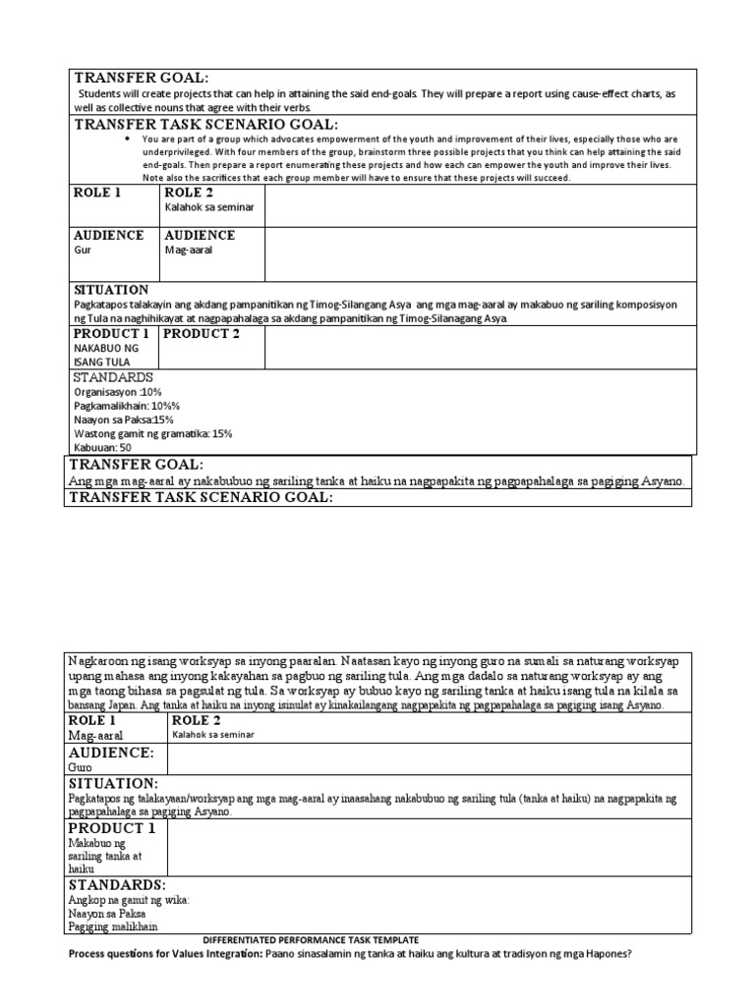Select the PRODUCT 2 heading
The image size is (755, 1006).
(202, 334)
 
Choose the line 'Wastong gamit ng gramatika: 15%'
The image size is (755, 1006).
(152, 432)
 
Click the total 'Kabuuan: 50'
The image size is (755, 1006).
(103, 447)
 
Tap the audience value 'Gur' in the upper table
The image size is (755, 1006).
(83, 251)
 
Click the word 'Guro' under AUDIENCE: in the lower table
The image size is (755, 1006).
(81, 765)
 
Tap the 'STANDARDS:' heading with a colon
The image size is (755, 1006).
(113, 885)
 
